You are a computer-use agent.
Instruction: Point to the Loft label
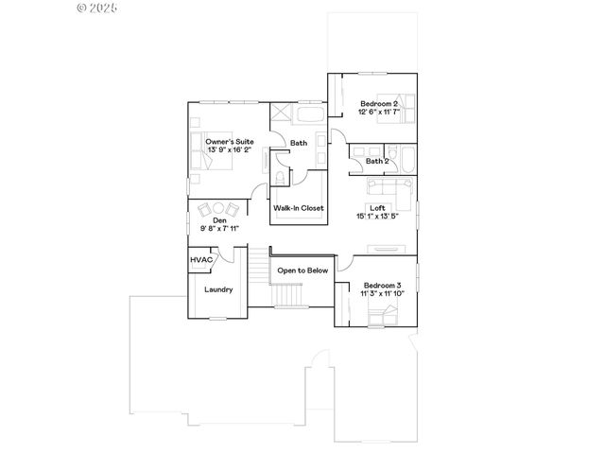point(376,207)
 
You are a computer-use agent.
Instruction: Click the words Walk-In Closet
point(298,207)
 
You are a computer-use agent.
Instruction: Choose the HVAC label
point(200,259)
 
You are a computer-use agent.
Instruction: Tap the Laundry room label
point(218,289)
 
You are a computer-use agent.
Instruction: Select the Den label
point(219,219)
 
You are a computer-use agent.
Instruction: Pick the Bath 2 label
point(376,162)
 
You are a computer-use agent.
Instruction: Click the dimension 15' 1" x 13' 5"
point(376,217)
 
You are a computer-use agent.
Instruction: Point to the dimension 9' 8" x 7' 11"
point(219,228)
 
